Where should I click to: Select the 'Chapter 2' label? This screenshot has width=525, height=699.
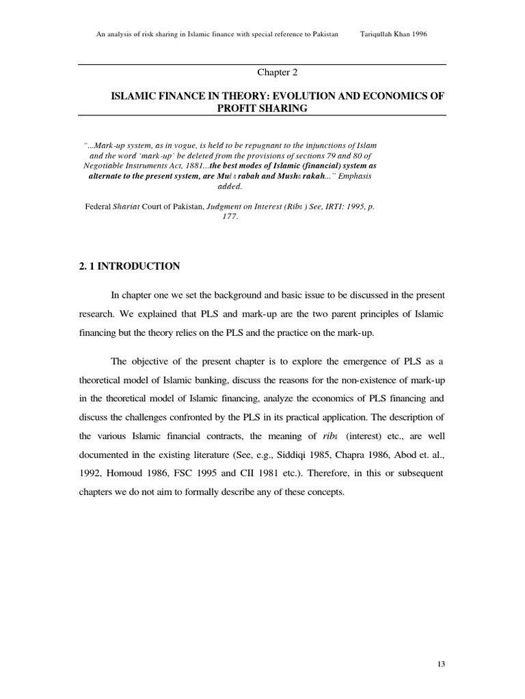277,72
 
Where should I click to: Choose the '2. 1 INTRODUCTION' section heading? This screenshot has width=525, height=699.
129,266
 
